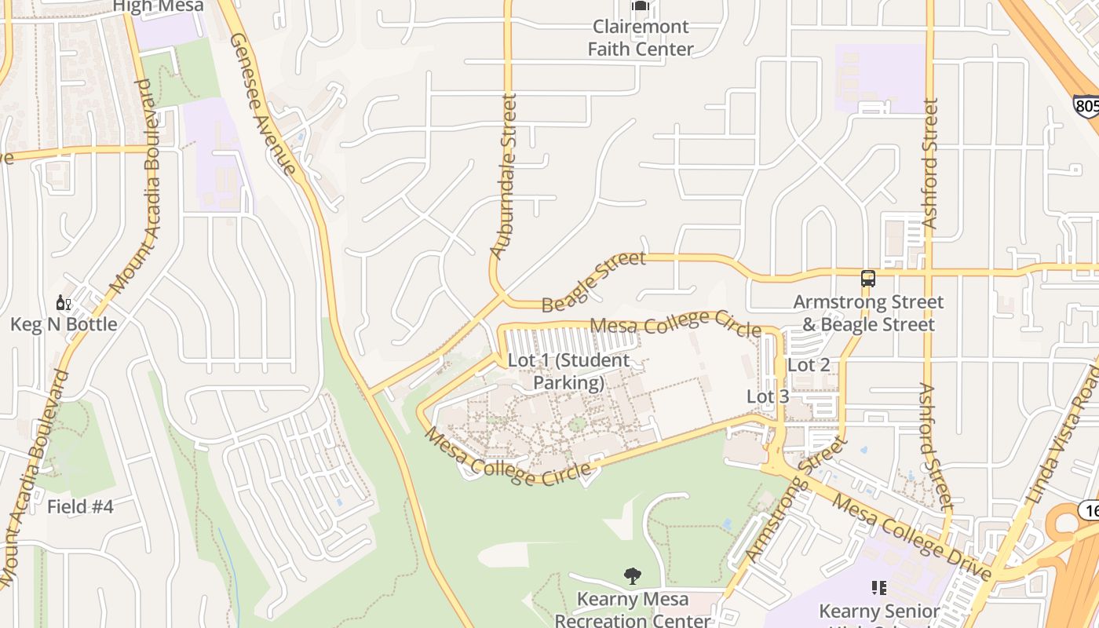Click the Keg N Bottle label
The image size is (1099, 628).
pyautogui.click(x=64, y=324)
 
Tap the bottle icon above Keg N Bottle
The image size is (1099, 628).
pyautogui.click(x=63, y=302)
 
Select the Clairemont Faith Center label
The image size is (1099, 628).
pyautogui.click(x=641, y=38)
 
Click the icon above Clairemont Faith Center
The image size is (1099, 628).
pyautogui.click(x=641, y=6)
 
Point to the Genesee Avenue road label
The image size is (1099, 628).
pyautogui.click(x=264, y=105)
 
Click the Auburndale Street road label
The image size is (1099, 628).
pyautogui.click(x=504, y=177)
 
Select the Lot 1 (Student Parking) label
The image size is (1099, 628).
pyautogui.click(x=568, y=371)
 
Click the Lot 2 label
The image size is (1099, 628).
pyautogui.click(x=809, y=365)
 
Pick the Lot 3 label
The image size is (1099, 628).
pyautogui.click(x=768, y=396)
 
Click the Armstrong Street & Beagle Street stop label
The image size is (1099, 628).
pyautogui.click(x=868, y=313)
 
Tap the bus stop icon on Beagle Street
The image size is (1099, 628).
pyautogui.click(x=868, y=279)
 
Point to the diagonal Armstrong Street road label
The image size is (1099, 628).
pyautogui.click(x=795, y=500)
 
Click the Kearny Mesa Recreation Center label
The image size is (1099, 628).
pyautogui.click(x=633, y=610)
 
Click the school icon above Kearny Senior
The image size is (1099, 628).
pyautogui.click(x=879, y=587)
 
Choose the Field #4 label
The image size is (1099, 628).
pyautogui.click(x=80, y=506)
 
